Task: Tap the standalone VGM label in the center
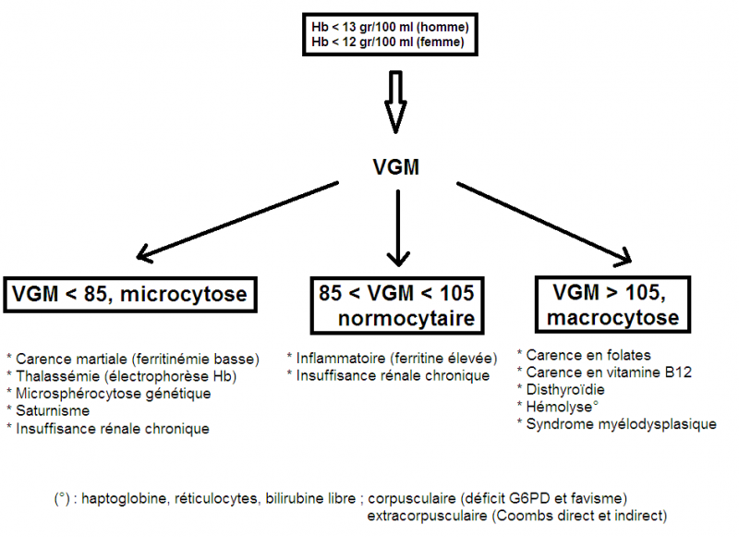[396, 166]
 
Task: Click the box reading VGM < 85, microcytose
[130, 295]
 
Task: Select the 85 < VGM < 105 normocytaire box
[397, 306]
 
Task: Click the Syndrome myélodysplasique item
[621, 424]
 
